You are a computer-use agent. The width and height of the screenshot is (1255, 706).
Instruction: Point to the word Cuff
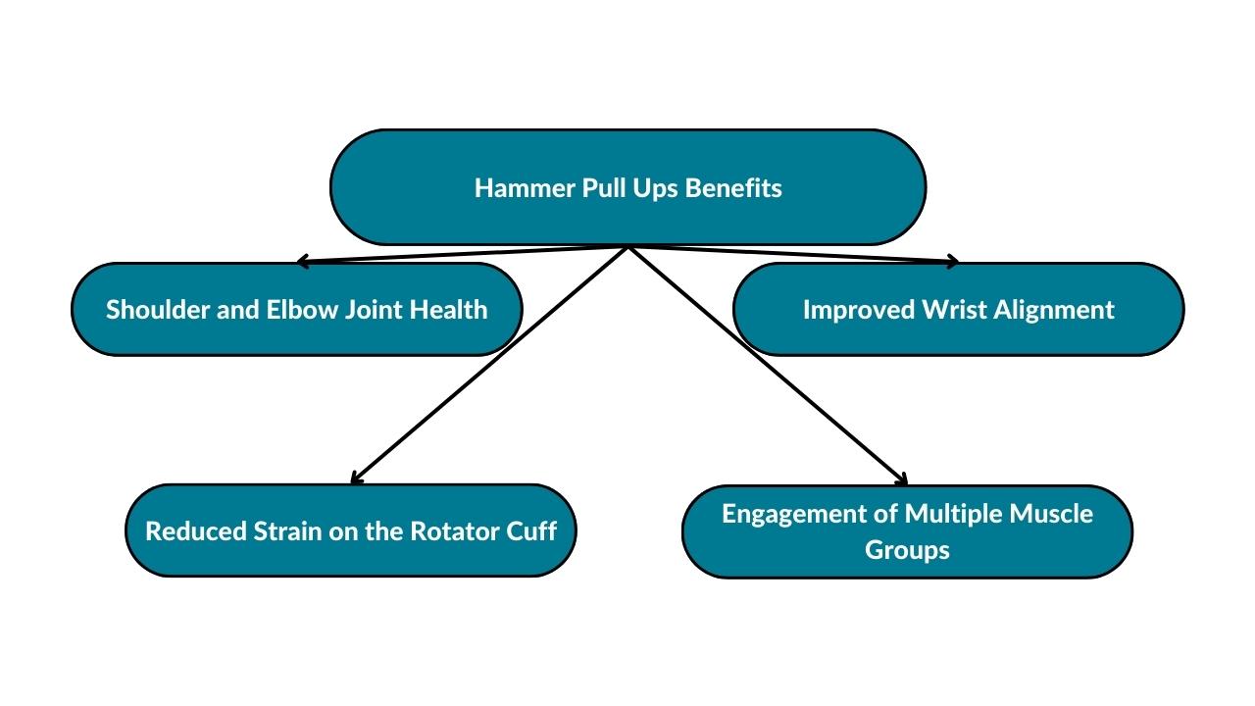pyautogui.click(x=533, y=531)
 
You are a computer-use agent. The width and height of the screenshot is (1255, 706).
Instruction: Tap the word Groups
pyautogui.click(x=907, y=550)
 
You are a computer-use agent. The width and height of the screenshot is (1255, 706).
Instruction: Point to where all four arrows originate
pyautogui.click(x=627, y=246)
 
